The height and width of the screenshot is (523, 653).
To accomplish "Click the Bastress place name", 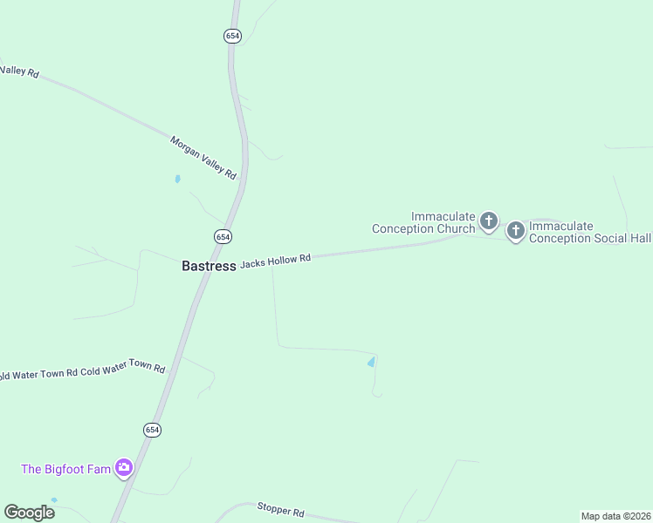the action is point(209,266).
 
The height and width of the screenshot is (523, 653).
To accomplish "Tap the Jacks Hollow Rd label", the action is point(275,260).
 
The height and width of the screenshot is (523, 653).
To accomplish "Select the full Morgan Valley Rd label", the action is point(203,158).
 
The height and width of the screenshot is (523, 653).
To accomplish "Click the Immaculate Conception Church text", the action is point(423,222).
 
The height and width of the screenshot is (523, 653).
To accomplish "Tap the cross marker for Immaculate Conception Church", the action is point(489,221).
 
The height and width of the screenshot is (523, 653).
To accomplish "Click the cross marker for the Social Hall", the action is point(516,230).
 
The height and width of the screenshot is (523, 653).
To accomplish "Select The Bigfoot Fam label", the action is point(66,469).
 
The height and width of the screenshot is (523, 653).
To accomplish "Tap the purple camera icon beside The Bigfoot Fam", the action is point(124,468).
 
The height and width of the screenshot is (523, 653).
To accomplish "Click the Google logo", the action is point(29,513).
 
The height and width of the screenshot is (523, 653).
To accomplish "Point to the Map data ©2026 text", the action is point(616,516).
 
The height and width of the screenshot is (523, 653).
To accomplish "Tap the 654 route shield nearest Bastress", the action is point(223,236).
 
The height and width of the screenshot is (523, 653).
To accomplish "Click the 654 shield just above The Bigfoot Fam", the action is point(152,430).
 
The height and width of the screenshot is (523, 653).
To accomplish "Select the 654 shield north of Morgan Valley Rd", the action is point(231,36).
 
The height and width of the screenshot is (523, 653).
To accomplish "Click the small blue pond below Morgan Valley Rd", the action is point(177,180).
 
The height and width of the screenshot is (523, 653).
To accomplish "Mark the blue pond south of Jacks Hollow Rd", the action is point(371,362).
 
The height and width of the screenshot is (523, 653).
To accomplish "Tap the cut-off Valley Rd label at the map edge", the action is point(19,72).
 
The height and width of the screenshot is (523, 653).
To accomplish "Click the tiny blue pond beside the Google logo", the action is point(54,500).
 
